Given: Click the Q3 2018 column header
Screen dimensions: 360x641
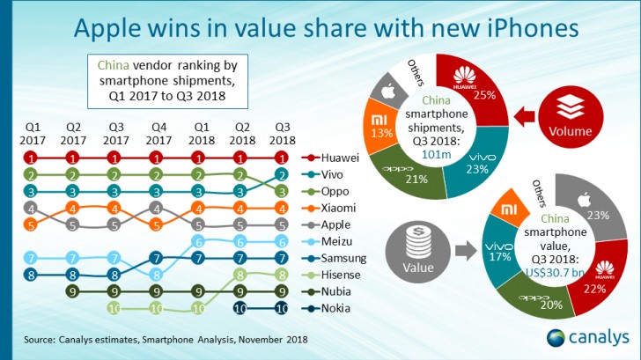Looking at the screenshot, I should [x=282, y=131].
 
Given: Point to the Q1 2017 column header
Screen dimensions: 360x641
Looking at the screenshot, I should [x=31, y=131].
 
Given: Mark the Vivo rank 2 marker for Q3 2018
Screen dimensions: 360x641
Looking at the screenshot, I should [x=282, y=173].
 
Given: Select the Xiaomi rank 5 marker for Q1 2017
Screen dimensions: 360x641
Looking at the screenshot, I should [x=31, y=224].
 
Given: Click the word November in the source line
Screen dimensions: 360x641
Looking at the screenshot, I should [x=252, y=339].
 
